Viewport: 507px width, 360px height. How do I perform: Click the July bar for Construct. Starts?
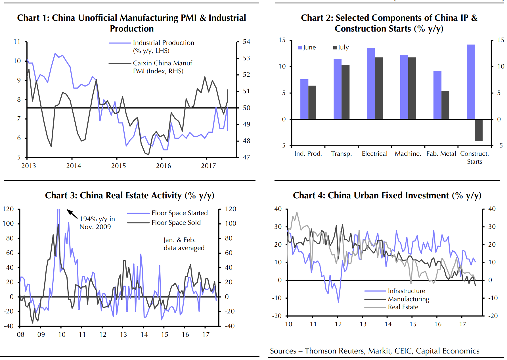tap(478, 130)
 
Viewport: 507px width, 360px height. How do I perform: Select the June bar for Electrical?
tap(371, 83)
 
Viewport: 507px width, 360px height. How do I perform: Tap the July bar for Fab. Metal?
tap(445, 105)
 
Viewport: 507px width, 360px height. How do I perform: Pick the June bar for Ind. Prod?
tap(304, 99)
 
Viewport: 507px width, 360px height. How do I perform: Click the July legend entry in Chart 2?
tap(341, 47)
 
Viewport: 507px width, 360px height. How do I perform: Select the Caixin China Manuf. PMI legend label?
tap(163, 67)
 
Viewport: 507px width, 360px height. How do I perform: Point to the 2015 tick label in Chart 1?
tap(118, 166)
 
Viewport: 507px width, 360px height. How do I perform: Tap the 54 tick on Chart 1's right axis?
tap(246, 42)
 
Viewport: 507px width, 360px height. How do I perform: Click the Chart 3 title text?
tap(130, 195)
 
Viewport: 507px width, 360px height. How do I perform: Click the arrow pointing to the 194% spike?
tap(72, 214)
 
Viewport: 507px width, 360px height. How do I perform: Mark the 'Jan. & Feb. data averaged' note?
tap(184, 244)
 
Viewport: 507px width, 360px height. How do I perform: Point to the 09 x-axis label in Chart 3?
tap(41, 335)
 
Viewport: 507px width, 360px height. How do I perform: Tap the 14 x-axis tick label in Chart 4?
tap(388, 324)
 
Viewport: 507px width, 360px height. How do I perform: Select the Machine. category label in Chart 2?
tap(408, 154)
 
